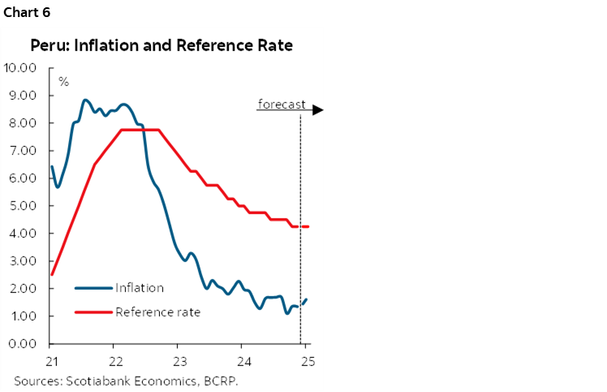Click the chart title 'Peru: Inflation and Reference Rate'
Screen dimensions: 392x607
[x=161, y=46]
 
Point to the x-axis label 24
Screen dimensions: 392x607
[x=243, y=359]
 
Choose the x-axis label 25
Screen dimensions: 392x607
[x=307, y=359]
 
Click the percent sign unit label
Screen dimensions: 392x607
[x=63, y=82]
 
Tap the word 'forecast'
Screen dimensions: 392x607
[x=282, y=104]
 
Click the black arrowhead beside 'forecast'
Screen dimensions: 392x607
[x=319, y=110]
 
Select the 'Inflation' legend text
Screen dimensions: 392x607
[x=140, y=287]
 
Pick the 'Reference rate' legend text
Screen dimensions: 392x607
[x=157, y=312]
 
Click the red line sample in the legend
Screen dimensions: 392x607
[x=93, y=312]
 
